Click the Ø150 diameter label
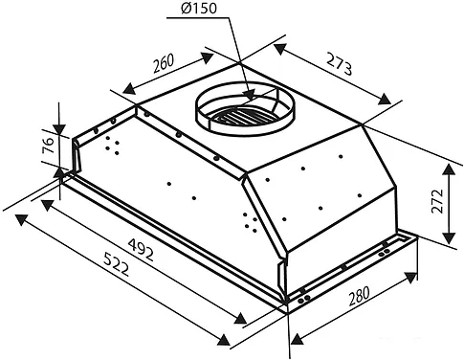point(198,9)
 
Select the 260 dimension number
point(164,63)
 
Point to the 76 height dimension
point(48,146)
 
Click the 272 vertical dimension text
point(437,201)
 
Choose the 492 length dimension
point(141,250)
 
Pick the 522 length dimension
point(117,264)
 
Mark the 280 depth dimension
point(360,296)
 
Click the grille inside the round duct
point(241,117)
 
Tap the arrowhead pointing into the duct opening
point(249,95)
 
